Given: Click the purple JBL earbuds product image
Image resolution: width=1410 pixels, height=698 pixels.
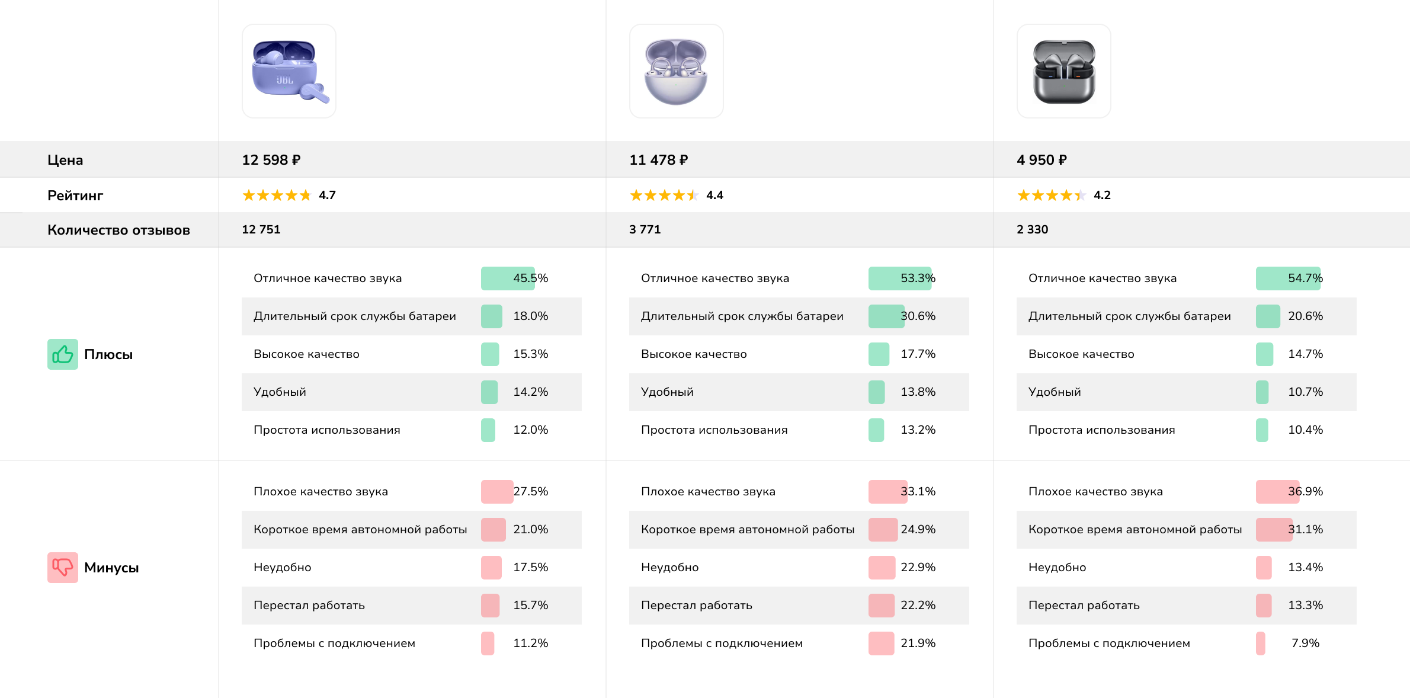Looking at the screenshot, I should (289, 71).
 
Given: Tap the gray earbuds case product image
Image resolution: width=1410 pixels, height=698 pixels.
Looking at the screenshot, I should (1063, 71).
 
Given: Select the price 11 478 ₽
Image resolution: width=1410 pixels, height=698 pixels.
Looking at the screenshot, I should (658, 160).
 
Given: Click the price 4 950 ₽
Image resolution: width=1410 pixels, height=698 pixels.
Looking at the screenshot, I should (1042, 160).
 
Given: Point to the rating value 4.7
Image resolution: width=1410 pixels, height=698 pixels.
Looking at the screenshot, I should (327, 196).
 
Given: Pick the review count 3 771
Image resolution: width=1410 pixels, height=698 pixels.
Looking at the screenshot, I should (645, 229).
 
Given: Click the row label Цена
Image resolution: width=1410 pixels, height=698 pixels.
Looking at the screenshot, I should (65, 160).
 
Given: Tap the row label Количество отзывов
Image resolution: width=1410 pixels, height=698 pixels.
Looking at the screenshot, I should (118, 230).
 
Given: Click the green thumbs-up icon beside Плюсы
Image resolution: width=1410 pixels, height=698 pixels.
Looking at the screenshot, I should (63, 354).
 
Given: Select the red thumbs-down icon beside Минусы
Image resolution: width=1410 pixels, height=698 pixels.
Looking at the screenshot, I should (63, 568).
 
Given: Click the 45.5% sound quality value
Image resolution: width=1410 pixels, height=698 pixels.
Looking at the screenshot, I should (530, 278).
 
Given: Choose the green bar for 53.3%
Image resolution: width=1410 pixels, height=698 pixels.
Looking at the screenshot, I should (899, 278).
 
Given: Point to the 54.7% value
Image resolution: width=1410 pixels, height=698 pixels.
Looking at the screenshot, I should (1305, 278).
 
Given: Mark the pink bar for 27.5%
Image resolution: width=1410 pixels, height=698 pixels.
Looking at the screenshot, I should (497, 492).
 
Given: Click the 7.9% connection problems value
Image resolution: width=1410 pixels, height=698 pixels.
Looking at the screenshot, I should (1305, 643).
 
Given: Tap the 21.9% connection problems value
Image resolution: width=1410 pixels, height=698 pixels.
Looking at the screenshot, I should (918, 643).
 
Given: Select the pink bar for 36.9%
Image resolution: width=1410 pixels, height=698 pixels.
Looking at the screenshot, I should (1277, 492).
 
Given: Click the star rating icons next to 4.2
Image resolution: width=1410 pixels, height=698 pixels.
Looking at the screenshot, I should (1051, 196).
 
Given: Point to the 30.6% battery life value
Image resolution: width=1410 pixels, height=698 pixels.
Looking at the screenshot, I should (918, 316).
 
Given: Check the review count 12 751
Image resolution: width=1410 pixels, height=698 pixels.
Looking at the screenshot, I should (261, 229).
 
